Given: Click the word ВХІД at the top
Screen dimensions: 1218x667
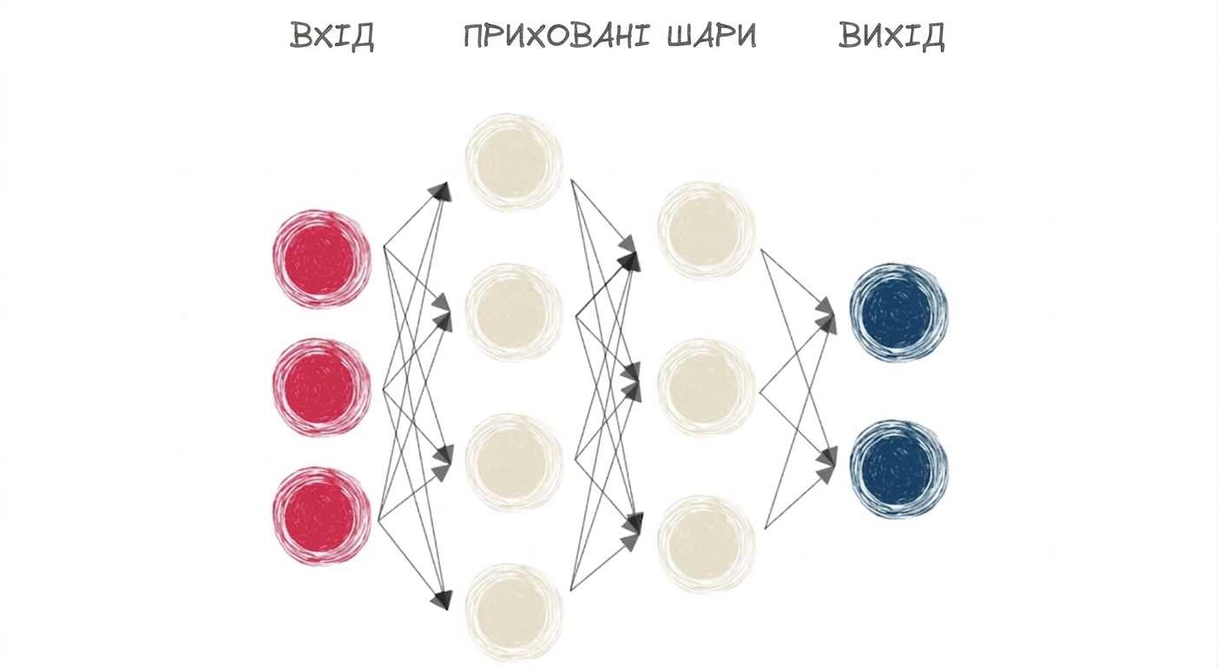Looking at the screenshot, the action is click(332, 36).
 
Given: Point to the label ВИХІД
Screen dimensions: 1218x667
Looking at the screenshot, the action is click(892, 36).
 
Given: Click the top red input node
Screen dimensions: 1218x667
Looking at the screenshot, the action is click(322, 260).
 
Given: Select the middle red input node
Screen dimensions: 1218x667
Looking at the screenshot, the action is click(322, 387).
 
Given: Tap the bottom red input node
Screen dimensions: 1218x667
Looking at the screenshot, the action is click(322, 516).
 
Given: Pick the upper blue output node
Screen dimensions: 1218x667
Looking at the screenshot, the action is click(899, 313).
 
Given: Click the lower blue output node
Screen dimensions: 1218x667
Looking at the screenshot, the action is click(899, 469).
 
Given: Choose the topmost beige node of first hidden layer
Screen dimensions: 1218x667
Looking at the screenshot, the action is click(514, 162).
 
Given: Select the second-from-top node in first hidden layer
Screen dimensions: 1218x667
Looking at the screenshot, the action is click(514, 313).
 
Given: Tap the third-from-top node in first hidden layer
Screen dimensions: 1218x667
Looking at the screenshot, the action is click(514, 463).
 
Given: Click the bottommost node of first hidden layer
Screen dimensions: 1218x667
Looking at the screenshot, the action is click(514, 613).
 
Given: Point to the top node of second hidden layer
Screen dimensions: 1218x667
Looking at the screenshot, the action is click(707, 231).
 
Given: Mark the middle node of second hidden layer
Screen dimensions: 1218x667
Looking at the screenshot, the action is click(707, 388).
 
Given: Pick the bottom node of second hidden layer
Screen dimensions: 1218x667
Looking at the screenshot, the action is click(707, 545).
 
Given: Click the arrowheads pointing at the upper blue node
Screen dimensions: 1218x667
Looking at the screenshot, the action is click(826, 315).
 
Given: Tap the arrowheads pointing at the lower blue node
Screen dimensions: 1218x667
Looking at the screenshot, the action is click(826, 465).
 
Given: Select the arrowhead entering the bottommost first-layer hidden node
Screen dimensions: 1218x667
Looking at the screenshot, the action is click(442, 599).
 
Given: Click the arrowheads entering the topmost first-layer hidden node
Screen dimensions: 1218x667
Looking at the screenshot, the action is click(440, 192).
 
